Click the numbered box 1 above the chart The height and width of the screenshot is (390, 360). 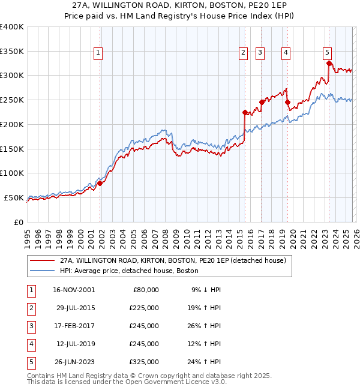click(98, 53)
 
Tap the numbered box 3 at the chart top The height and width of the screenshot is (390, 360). click(260, 53)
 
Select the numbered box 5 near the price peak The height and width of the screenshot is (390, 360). click(327, 53)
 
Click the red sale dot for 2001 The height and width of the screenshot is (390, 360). click(100, 183)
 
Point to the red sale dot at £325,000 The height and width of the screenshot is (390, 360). click(329, 63)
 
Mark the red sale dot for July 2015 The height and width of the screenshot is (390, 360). click(245, 112)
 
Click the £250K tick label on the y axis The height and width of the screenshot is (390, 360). click(12, 100)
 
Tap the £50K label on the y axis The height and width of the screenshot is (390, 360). click(14, 197)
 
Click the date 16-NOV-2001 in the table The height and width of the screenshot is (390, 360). click(73, 290)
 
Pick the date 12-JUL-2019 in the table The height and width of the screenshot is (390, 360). click(73, 344)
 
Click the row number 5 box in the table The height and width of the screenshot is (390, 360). click(31, 362)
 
